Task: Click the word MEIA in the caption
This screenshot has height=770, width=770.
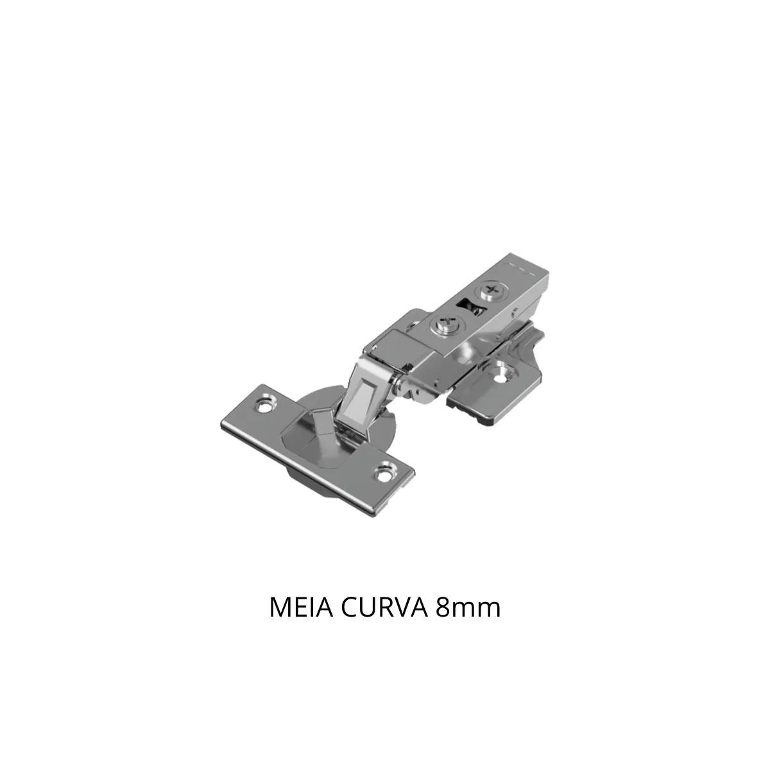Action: [x=302, y=608]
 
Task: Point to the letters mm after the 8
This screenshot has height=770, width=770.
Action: [x=475, y=610]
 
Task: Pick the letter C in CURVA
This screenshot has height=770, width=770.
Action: [x=349, y=608]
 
